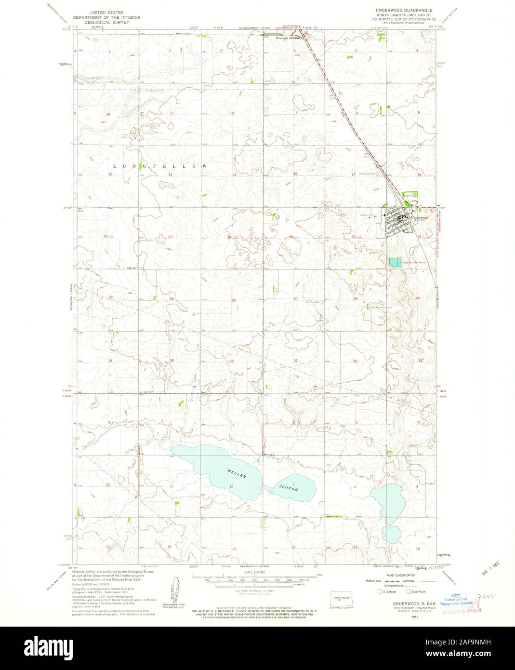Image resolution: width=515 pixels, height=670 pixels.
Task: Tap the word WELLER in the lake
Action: click(237, 473)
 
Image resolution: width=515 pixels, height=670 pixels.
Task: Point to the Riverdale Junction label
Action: click(288, 37)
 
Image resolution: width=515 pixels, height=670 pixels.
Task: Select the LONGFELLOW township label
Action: click(160, 166)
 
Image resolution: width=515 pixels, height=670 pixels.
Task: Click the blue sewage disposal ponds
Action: click(395, 262)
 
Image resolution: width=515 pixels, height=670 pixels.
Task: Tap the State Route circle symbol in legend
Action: click(409, 591)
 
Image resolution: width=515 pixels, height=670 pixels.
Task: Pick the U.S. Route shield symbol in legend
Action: click(380, 591)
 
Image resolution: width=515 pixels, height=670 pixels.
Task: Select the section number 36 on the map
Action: click(232, 361)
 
